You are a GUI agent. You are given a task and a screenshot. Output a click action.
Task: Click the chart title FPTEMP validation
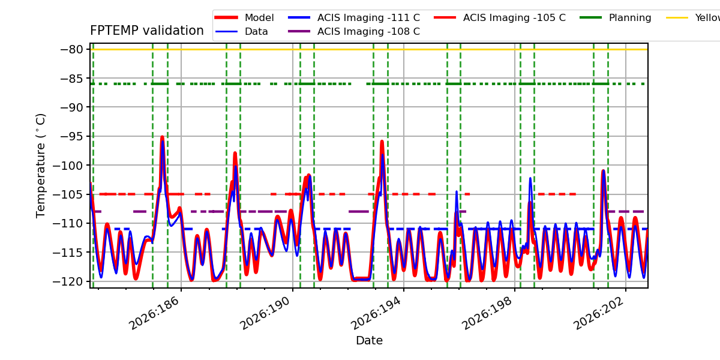point(147,31)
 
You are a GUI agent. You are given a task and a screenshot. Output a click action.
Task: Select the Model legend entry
point(244,17)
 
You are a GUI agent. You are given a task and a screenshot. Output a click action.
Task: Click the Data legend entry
point(241,31)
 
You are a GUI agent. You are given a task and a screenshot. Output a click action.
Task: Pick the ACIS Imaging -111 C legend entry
point(354,17)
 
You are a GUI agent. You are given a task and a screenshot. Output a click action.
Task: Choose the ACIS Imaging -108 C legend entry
point(354,31)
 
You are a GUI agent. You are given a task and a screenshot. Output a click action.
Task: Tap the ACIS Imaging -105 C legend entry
point(500,17)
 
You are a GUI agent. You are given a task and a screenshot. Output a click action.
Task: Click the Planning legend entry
point(616,17)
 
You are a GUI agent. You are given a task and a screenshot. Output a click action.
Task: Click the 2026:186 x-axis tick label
point(154,313)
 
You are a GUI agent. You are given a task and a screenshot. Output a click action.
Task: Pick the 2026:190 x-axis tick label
point(265,313)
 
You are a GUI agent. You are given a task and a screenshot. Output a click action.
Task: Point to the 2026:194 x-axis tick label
point(376,313)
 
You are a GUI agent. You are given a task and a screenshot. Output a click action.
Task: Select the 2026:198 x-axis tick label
point(487,313)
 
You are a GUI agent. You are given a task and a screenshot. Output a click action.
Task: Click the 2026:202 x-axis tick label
point(598,313)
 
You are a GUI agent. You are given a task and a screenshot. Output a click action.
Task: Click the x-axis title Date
point(370,340)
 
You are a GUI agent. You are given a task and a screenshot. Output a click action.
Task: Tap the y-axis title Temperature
point(41,166)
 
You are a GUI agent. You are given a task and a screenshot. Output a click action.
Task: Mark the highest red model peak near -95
point(163,137)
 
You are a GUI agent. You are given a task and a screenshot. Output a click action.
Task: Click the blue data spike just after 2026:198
point(530,178)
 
